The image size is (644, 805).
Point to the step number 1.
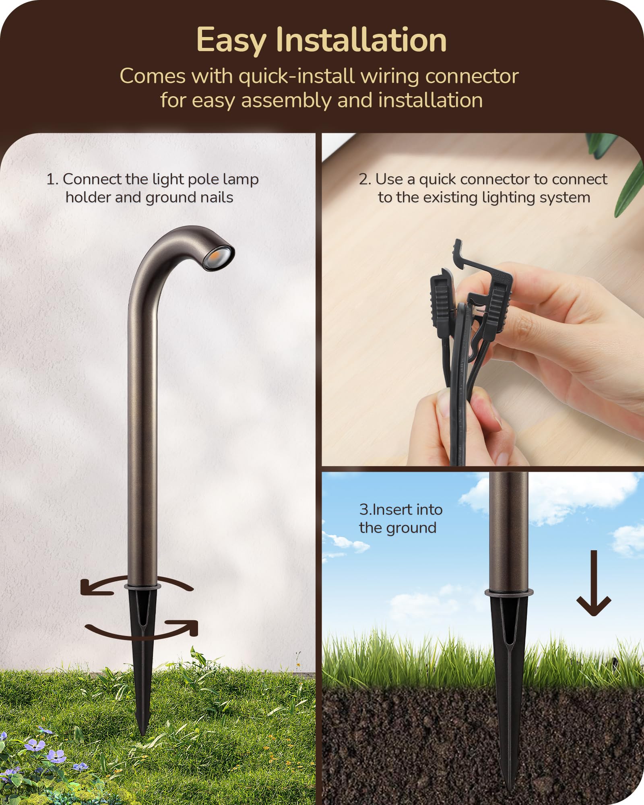click(x=52, y=180)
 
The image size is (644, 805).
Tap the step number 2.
click(x=365, y=180)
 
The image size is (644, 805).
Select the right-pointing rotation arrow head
click(x=187, y=627)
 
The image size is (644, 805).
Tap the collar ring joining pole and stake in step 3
click(x=509, y=592)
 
